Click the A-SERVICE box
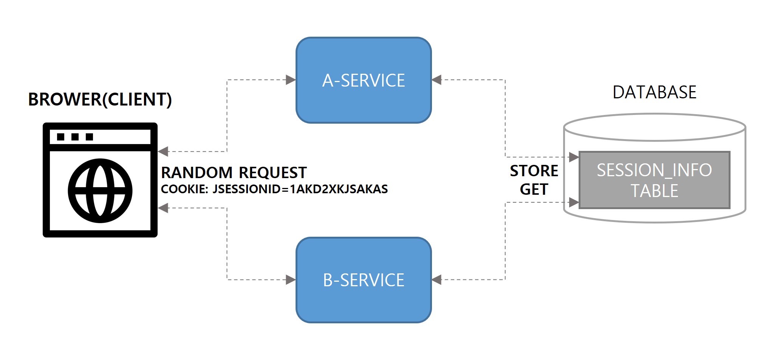(364, 80)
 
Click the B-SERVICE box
(364, 280)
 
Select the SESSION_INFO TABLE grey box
(654, 180)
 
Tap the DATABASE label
(654, 92)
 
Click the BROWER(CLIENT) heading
(100, 99)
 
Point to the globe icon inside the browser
(100, 191)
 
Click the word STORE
(534, 171)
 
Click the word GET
(534, 189)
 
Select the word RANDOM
(197, 173)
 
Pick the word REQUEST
(272, 173)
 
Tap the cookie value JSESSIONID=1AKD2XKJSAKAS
(300, 189)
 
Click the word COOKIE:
(184, 189)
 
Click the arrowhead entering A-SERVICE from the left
(291, 80)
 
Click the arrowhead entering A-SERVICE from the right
(437, 80)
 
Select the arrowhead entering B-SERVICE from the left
(291, 280)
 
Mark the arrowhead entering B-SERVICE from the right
(437, 280)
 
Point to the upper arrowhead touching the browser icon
(163, 152)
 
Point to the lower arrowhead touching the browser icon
(163, 208)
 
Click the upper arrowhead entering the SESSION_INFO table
(574, 157)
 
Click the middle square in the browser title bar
(75, 137)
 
